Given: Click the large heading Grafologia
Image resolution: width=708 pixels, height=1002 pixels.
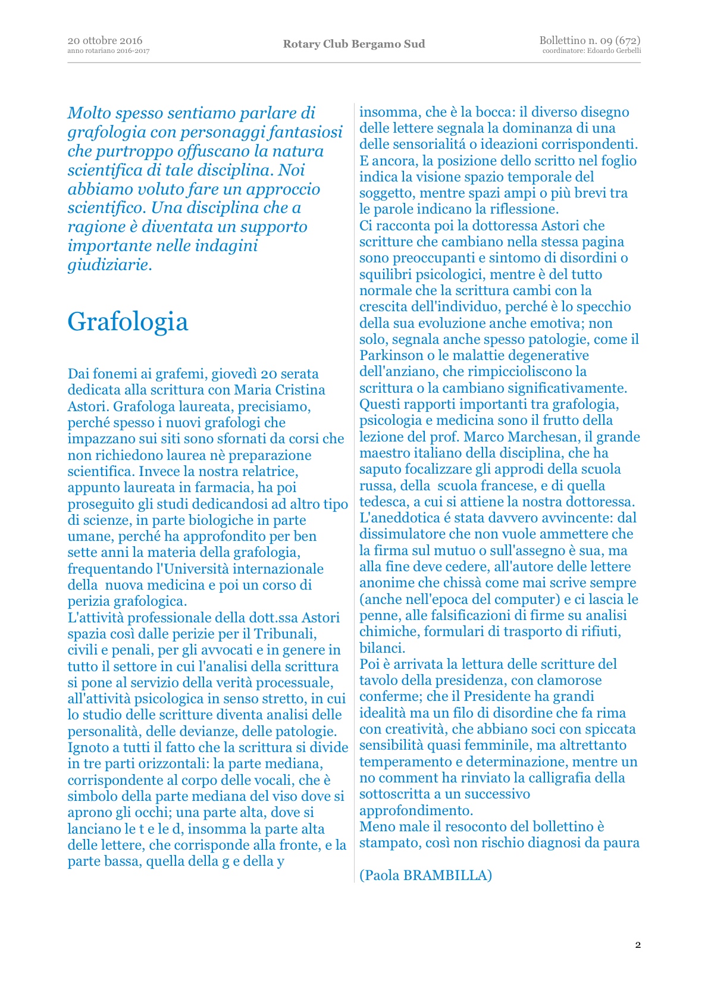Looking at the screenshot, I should pyautogui.click(x=128, y=322).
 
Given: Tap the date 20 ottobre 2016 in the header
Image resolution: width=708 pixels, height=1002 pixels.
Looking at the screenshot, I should pyautogui.click(x=105, y=40).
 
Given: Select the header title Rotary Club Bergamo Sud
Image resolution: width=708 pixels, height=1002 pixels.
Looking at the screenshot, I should pyautogui.click(x=354, y=44).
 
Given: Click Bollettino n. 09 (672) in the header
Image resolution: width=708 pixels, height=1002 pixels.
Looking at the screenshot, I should pyautogui.click(x=590, y=40).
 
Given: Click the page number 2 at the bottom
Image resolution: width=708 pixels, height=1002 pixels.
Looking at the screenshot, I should pyautogui.click(x=638, y=945).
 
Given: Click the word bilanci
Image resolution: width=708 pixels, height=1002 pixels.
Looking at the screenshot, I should pyautogui.click(x=381, y=648).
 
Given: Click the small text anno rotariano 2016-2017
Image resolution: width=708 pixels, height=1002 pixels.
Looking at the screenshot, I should pyautogui.click(x=108, y=51).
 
